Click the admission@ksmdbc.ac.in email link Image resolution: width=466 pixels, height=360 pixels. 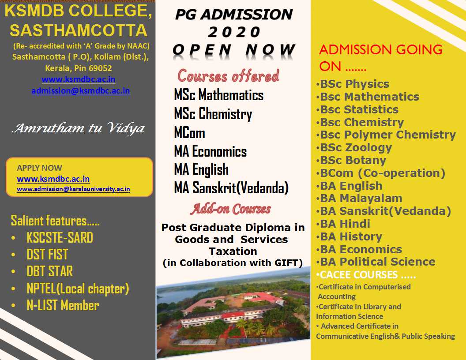(81, 90)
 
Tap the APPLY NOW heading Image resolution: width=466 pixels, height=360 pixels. (40, 168)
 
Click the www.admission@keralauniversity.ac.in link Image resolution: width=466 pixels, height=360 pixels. (73, 189)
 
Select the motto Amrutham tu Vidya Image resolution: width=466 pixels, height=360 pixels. (78, 128)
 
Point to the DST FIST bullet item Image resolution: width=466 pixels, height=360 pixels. (47, 255)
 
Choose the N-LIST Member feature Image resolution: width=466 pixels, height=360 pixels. (63, 305)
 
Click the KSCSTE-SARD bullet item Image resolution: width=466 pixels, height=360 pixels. (60, 238)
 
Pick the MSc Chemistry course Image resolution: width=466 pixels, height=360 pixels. (213, 114)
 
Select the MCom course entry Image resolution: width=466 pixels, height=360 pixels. (190, 133)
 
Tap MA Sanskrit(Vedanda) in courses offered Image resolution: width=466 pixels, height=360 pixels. (231, 188)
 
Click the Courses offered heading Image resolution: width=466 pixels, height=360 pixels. (228, 76)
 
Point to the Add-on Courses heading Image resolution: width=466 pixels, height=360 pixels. (231, 209)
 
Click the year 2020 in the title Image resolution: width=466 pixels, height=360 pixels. (234, 32)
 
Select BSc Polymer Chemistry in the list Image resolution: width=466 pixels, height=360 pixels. (388, 135)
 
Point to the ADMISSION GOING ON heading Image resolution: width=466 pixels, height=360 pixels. (381, 58)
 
